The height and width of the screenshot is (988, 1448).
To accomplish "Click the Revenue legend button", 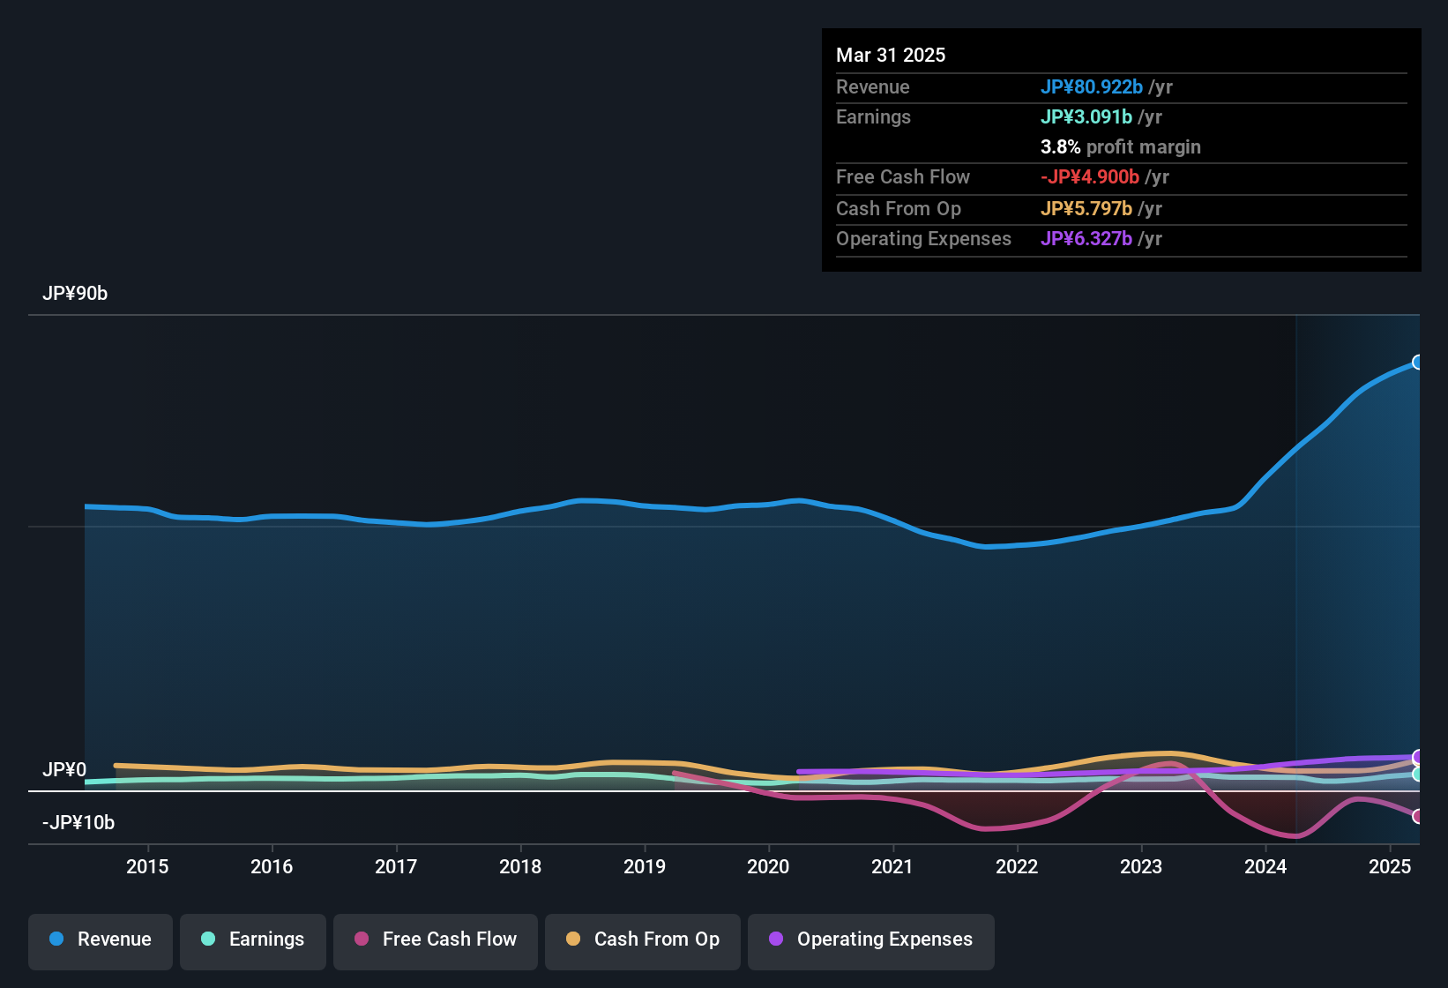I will (100, 939).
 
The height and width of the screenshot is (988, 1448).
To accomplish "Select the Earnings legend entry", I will (252, 939).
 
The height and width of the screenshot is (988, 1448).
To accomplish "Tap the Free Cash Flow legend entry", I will (435, 939).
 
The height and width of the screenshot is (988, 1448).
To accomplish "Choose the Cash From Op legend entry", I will (642, 939).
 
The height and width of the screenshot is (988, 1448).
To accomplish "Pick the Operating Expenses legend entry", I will (870, 939).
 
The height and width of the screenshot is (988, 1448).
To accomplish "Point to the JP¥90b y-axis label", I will (75, 294).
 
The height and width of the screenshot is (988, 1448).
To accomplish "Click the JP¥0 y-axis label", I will (64, 770).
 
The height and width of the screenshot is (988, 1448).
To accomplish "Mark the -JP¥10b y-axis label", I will (78, 823).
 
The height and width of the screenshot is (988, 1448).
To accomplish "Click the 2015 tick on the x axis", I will (147, 867).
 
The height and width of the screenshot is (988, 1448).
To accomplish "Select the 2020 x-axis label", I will (768, 867).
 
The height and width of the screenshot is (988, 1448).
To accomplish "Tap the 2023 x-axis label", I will (1141, 867).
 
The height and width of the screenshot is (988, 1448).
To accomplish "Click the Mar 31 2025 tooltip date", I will (891, 56).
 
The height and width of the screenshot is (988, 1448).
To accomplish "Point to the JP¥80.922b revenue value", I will (1091, 87).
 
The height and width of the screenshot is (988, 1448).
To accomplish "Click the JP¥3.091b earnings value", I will (1086, 117).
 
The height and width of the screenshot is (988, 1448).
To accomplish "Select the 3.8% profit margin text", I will (1120, 147).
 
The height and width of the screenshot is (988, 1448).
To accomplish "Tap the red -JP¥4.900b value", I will (1089, 177).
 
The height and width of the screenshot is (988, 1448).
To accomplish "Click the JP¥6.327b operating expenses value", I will (1086, 239).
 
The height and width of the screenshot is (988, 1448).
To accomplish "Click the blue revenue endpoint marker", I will (1417, 363).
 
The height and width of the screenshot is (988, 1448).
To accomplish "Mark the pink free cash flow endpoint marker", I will (1417, 817).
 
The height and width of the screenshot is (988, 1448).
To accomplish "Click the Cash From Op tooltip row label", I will (898, 209).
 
